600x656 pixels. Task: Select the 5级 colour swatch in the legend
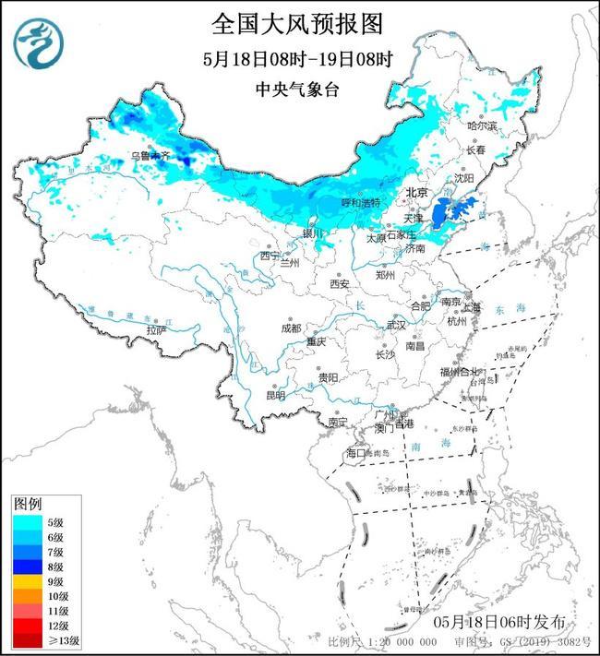pos(28,523)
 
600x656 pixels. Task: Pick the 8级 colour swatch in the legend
pos(28,567)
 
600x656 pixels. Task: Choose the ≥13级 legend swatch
pos(28,640)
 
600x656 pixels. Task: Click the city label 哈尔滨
pos(481,125)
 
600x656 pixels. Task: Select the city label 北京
pos(417,193)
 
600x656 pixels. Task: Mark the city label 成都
pos(291,327)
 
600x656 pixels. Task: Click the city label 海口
pos(356,453)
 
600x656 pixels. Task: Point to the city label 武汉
pos(396,325)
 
